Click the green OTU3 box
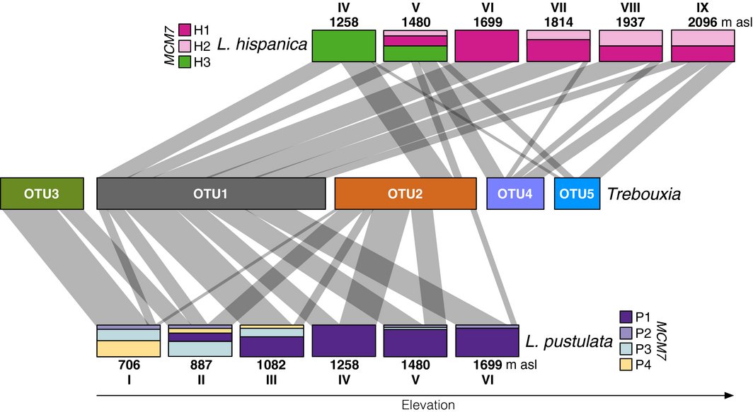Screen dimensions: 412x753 coord(42,194)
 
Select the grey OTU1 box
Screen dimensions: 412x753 coord(211,194)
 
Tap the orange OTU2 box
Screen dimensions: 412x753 coord(405,194)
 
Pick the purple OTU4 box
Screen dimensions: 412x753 coord(515,194)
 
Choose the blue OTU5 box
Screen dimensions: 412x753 coord(577,194)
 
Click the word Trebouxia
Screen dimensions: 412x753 coord(644,194)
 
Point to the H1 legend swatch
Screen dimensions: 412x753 coord(185,30)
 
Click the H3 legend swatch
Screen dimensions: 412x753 coord(185,61)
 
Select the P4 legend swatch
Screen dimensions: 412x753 coord(626,364)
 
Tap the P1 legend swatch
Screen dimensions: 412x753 coord(626,317)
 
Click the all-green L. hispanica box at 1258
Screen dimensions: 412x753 coord(343,46)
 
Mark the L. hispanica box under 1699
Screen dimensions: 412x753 coord(487,46)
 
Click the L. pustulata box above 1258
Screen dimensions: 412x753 coord(343,341)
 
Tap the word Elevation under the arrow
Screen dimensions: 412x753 coord(428,405)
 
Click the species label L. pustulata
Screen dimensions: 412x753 coord(568,343)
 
